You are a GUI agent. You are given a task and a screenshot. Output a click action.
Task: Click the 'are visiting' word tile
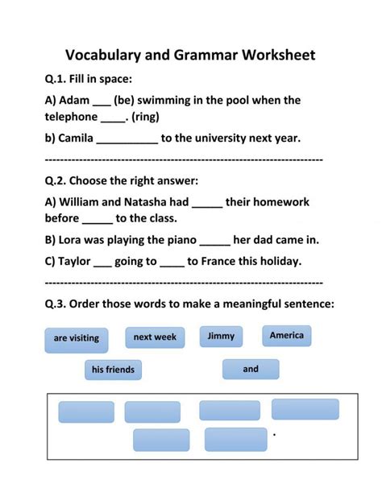(77, 338)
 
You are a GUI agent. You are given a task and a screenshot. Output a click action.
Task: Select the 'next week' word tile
(154, 337)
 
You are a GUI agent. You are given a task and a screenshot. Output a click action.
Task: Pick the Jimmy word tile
(221, 336)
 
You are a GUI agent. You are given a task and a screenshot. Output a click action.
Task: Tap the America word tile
(286, 335)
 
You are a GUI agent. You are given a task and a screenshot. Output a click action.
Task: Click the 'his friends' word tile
(113, 370)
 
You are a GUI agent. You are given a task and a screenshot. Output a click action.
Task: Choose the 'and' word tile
(251, 369)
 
